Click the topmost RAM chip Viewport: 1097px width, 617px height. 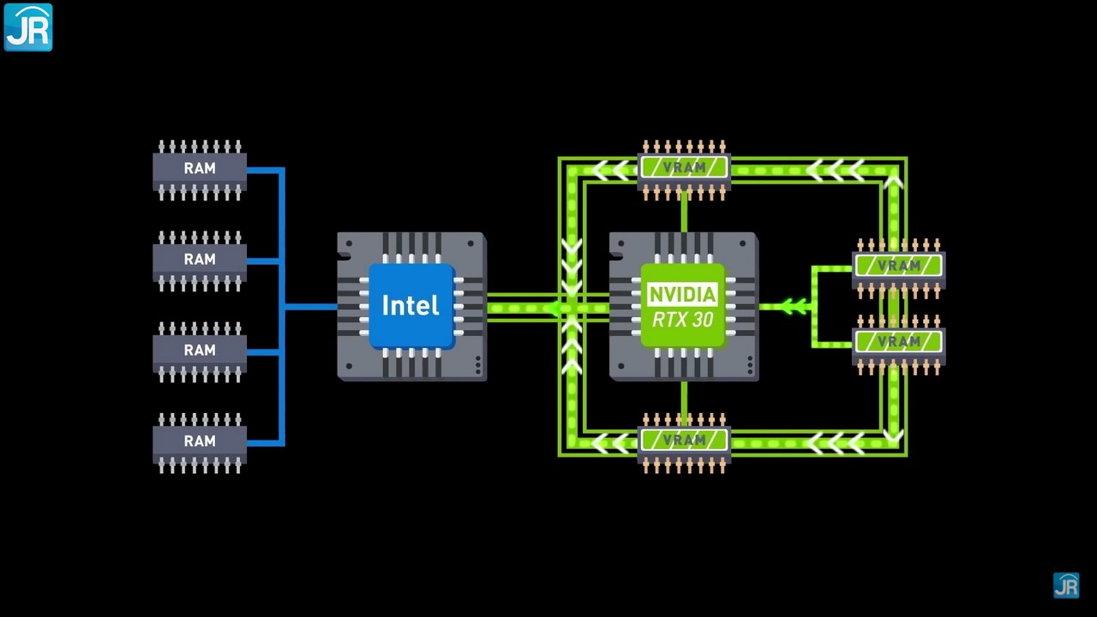coord(200,169)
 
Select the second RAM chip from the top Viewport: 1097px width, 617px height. coord(200,260)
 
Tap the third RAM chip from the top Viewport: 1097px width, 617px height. coord(200,350)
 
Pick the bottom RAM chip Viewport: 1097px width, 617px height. coord(200,441)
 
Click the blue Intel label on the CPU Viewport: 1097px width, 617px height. coord(411,306)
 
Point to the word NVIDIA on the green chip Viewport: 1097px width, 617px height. coord(682,295)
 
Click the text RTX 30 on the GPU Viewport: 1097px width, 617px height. coord(682,320)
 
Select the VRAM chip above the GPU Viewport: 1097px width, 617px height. coord(684,168)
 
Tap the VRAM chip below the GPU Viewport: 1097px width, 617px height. coord(684,440)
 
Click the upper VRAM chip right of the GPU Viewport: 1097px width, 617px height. coord(898,266)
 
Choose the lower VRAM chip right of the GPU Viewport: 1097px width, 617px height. coord(898,341)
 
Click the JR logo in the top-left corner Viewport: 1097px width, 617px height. coord(28,27)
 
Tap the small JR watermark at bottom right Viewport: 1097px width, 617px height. coord(1066,585)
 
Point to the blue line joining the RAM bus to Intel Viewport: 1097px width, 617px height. coord(310,306)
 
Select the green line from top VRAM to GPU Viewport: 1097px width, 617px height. coord(684,211)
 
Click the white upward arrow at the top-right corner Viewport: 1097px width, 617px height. coord(893,182)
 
